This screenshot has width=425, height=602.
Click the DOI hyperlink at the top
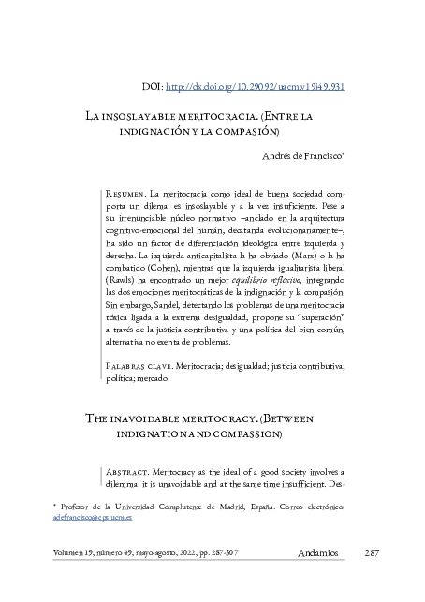pyautogui.click(x=256, y=86)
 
